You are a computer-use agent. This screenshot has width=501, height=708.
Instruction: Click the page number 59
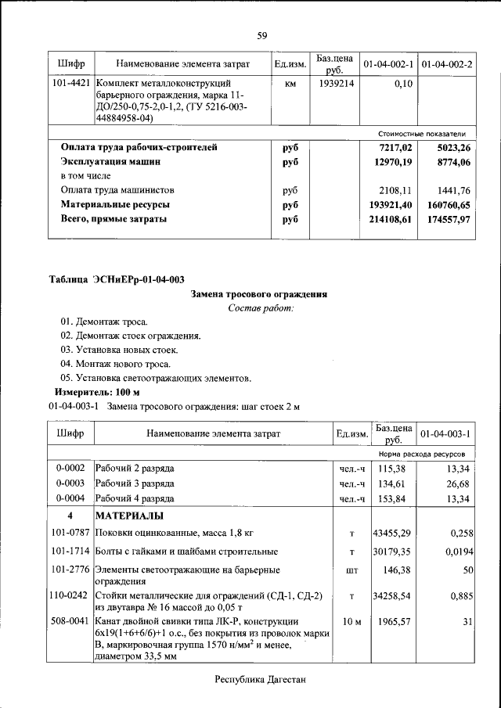click(262, 35)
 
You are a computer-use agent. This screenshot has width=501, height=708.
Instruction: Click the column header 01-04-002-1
click(389, 63)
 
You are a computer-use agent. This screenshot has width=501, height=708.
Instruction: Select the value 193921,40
click(391, 205)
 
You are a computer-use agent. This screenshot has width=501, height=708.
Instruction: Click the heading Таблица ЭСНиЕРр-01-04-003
click(117, 279)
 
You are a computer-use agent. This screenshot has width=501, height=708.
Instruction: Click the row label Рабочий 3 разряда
click(134, 483)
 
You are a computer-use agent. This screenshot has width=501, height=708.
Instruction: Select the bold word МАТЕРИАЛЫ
click(129, 516)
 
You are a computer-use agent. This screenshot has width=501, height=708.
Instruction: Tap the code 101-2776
click(70, 570)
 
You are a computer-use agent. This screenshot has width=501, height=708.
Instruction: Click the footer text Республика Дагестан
click(260, 680)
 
